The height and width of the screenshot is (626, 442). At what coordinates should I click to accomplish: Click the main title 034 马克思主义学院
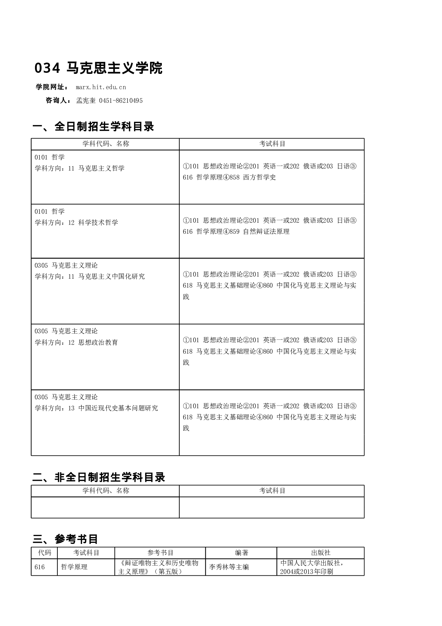tap(98, 68)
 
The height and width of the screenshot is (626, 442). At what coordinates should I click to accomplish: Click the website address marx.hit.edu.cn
tap(101, 87)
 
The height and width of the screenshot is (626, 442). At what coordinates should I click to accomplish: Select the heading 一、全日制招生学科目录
tap(93, 127)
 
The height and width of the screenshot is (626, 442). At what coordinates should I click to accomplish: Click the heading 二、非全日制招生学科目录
tap(99, 477)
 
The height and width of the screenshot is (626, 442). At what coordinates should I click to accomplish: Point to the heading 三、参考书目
tap(65, 539)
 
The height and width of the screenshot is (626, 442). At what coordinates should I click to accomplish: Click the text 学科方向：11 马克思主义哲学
tap(79, 168)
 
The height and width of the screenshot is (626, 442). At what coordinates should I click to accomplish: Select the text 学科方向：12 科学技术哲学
tap(76, 223)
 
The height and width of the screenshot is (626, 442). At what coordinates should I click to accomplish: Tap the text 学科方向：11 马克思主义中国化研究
tap(89, 277)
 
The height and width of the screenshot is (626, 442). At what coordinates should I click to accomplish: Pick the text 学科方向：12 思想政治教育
tap(76, 343)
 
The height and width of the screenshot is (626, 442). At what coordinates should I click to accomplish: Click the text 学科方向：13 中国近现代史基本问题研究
tap(96, 408)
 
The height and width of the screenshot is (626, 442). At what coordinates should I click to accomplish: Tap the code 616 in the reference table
tap(40, 567)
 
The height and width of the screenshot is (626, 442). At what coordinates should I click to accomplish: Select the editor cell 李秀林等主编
tap(229, 567)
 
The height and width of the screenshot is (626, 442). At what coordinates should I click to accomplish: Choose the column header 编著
tap(241, 553)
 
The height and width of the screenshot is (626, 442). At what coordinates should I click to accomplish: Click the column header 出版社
tap(320, 553)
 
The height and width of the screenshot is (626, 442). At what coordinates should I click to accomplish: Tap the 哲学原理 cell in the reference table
tap(74, 567)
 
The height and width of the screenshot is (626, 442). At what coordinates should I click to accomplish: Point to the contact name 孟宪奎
tap(86, 101)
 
